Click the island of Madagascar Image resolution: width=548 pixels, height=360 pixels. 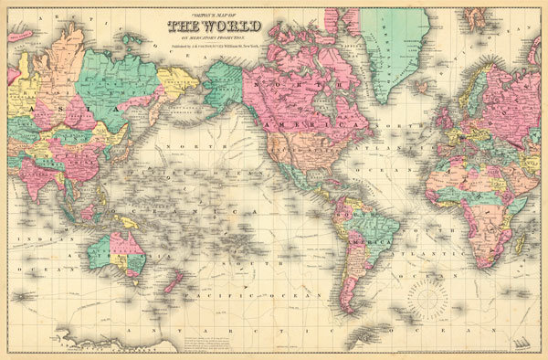[518, 243]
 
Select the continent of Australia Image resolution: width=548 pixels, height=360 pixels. [118, 251]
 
